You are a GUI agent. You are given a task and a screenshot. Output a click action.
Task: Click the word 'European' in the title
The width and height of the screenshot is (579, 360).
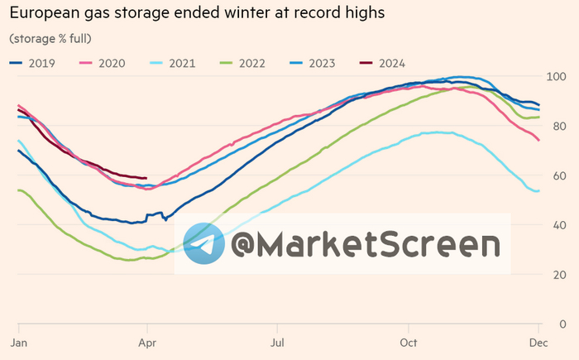(x=46, y=14)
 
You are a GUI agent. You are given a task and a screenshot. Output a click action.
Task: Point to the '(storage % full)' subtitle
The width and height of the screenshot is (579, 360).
(x=50, y=39)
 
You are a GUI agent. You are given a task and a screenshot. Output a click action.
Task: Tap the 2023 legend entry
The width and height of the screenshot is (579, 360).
(x=314, y=62)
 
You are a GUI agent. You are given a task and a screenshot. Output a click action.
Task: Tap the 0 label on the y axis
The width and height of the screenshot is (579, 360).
(x=562, y=324)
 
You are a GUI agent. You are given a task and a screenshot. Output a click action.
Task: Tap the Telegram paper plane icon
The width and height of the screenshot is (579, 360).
(x=204, y=243)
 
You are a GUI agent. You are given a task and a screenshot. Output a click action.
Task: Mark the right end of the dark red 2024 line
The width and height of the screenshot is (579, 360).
(x=146, y=178)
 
